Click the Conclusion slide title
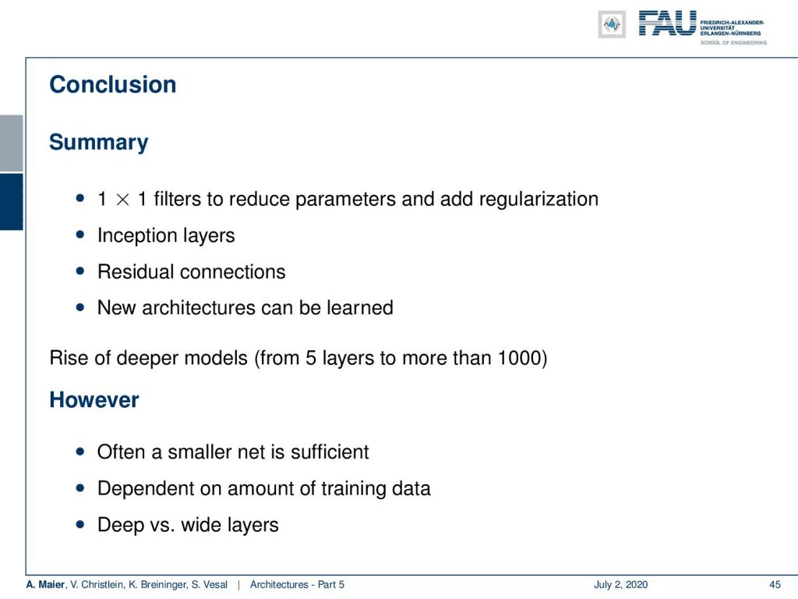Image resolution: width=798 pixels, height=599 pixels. [x=112, y=84]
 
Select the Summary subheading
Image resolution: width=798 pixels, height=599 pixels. [x=99, y=143]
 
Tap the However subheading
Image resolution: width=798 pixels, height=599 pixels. [x=94, y=400]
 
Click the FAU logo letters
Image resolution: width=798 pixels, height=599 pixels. [x=667, y=23]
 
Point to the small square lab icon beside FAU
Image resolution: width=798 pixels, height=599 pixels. [x=612, y=24]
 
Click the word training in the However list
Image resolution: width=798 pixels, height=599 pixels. [x=353, y=489]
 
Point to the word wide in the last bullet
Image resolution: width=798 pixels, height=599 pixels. [x=202, y=525]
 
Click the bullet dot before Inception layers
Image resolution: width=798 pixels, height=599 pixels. [x=80, y=235]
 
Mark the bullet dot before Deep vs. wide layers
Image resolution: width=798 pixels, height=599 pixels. [x=80, y=524]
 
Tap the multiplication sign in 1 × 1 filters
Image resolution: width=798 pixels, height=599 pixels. [x=122, y=200]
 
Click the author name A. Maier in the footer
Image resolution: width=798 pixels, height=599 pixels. [x=45, y=585]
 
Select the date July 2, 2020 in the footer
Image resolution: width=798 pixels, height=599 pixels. [x=620, y=585]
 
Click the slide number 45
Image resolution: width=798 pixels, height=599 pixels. [x=775, y=585]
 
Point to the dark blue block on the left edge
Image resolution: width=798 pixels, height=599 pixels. [x=11, y=202]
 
